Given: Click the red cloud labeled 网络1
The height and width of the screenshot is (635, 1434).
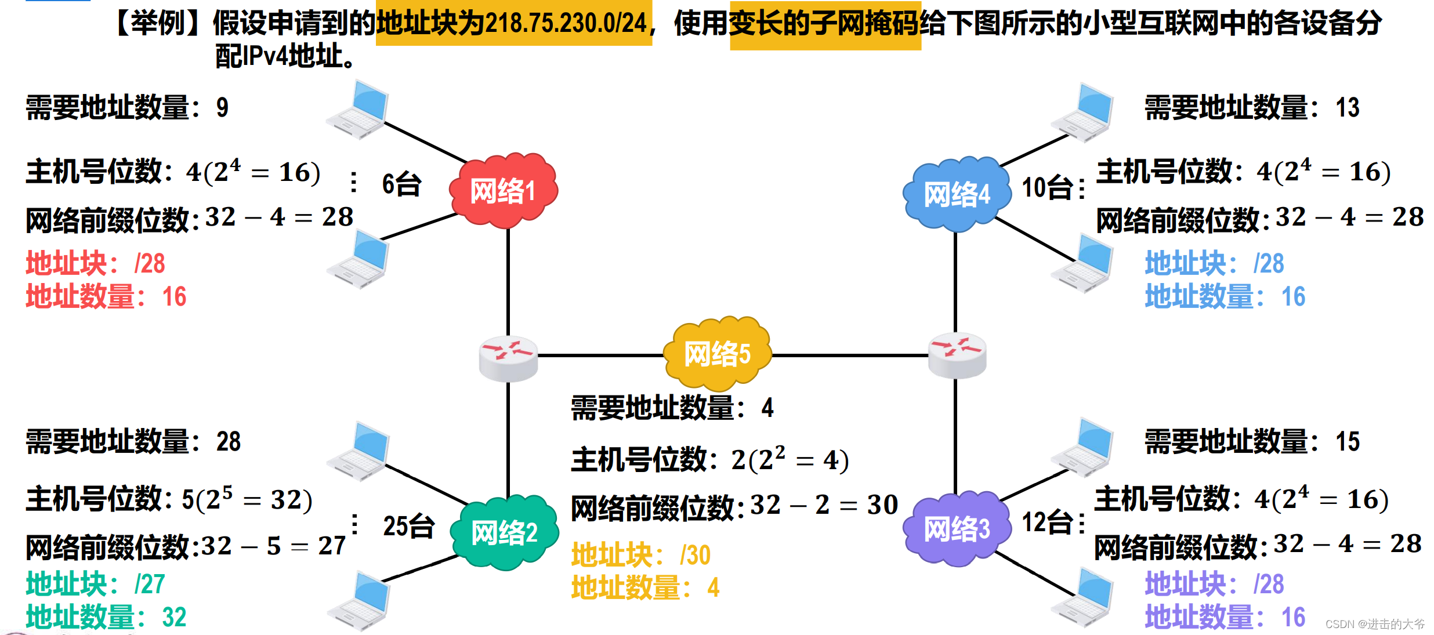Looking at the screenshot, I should tap(503, 191).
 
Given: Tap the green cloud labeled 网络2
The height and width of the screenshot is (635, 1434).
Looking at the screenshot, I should tap(504, 532).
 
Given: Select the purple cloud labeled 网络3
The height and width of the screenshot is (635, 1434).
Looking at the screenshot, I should tap(957, 529).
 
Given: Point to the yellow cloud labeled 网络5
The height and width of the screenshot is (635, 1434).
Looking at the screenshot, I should tap(717, 353).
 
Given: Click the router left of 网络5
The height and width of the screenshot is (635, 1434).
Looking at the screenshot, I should tap(508, 358).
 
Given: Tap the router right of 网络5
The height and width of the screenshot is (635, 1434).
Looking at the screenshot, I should tap(957, 355).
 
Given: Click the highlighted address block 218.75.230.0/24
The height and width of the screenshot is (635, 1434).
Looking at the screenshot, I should tap(513, 23).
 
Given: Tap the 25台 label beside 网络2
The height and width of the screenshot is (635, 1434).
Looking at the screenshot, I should tap(409, 526).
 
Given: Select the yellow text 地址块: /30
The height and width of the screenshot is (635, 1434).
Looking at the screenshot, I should tap(640, 555).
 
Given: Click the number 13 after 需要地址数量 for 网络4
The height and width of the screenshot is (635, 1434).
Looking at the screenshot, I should tap(1347, 108).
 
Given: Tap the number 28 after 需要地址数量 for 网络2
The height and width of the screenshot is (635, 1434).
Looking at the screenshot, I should tap(229, 442).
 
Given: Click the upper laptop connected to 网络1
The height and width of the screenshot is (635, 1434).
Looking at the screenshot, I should tap(358, 110).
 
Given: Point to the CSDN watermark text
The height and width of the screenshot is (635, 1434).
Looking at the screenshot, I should tap(1374, 624).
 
